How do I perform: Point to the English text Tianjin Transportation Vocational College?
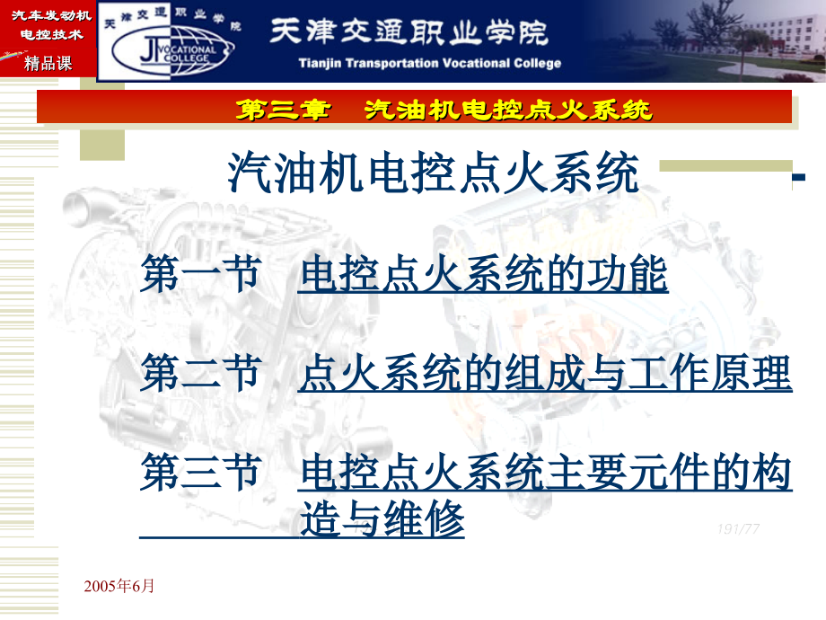pyautogui.click(x=429, y=63)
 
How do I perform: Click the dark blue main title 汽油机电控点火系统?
pyautogui.click(x=434, y=174)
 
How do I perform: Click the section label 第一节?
pyautogui.click(x=199, y=275)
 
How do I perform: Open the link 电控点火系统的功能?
pyautogui.click(x=483, y=275)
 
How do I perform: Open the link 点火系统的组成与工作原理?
pyautogui.click(x=544, y=374)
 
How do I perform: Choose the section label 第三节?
pyautogui.click(x=199, y=473)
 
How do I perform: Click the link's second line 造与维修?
pyautogui.click(x=382, y=519)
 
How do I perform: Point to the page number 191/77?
pyautogui.click(x=738, y=528)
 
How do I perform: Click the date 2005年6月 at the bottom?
pyautogui.click(x=119, y=586)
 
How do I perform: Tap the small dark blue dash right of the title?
pyautogui.click(x=797, y=181)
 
